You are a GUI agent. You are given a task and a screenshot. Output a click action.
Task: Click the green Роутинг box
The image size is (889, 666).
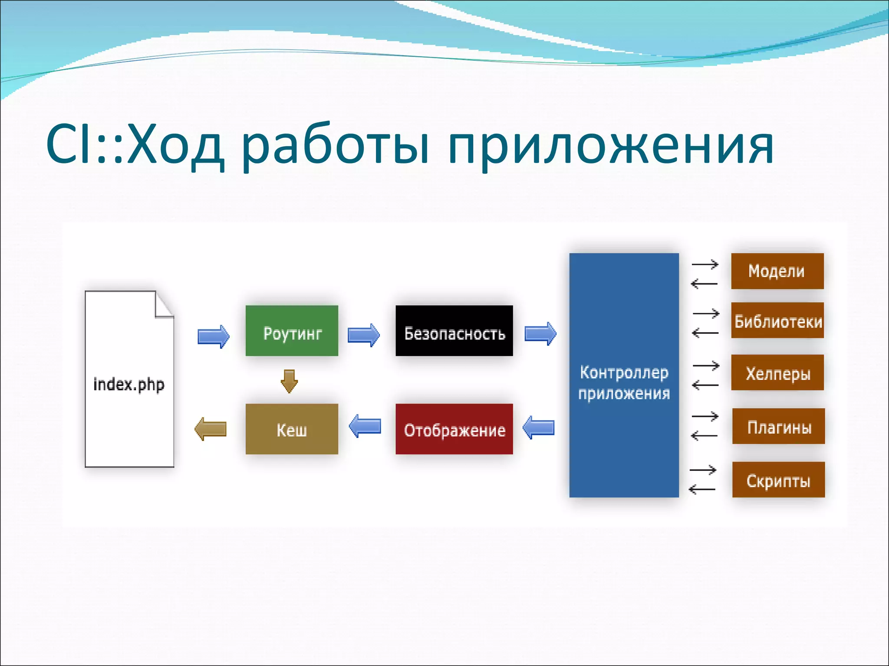292,331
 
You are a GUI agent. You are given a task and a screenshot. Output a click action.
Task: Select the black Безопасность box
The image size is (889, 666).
454,331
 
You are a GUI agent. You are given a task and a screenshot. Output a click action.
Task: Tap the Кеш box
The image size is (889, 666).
292,429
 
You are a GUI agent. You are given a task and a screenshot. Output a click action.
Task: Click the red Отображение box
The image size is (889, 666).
454,429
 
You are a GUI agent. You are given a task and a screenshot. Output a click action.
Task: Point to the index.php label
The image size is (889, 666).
129,385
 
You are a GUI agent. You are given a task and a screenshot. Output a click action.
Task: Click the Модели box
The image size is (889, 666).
777,271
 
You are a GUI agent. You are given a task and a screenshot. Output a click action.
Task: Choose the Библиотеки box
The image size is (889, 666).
777,320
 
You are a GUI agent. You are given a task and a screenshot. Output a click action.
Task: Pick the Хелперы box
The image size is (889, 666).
777,373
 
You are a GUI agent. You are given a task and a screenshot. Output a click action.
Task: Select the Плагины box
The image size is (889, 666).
778,426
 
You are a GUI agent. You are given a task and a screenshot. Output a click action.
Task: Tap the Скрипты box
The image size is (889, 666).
778,480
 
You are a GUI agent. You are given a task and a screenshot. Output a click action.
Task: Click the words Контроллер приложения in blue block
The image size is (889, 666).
624,383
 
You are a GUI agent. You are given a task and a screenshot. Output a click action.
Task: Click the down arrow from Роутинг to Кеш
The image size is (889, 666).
289,381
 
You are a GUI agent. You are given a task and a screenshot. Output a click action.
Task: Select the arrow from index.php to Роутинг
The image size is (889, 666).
213,336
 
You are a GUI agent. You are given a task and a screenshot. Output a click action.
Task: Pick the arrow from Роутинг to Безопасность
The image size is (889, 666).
364,335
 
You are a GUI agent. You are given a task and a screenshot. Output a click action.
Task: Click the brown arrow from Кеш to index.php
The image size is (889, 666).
211,429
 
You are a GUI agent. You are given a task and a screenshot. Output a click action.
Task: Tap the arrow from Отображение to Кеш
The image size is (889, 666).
365,426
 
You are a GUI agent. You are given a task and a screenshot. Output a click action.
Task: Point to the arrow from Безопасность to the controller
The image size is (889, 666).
540,333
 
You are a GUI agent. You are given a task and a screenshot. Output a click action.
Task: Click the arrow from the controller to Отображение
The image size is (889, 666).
538,428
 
